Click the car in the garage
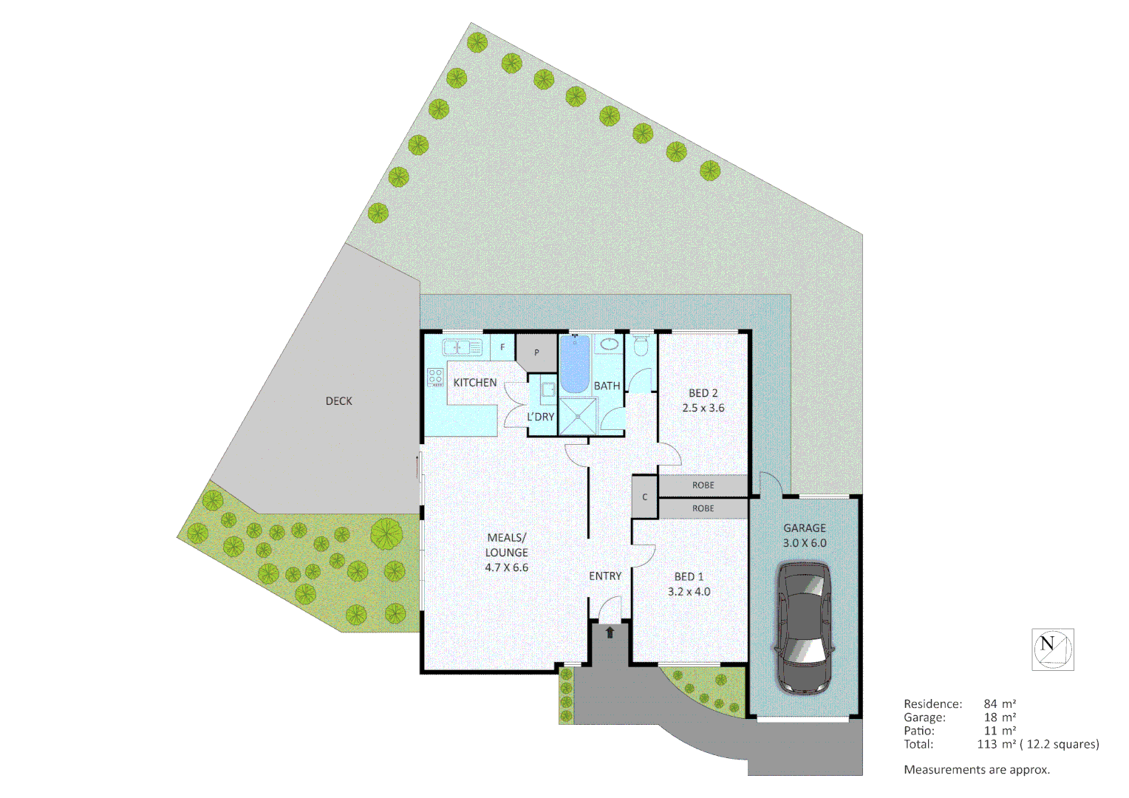pyautogui.click(x=804, y=628)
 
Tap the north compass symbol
pyautogui.click(x=1052, y=649)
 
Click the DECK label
pyautogui.click(x=339, y=401)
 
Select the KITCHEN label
pyautogui.click(x=475, y=383)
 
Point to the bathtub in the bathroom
pyautogui.click(x=574, y=364)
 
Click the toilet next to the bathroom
pyautogui.click(x=641, y=346)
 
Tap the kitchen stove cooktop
pyautogui.click(x=435, y=377)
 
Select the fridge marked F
pyautogui.click(x=502, y=347)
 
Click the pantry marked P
pyautogui.click(x=536, y=352)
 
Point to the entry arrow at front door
pyautogui.click(x=610, y=632)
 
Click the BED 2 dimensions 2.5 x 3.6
pyautogui.click(x=703, y=408)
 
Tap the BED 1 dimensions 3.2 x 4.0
pyautogui.click(x=689, y=592)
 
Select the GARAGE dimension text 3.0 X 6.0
pyautogui.click(x=805, y=543)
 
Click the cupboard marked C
pyautogui.click(x=645, y=497)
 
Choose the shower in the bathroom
pyautogui.click(x=577, y=417)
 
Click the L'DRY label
pyautogui.click(x=540, y=417)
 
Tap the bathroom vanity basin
pyautogui.click(x=609, y=344)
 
